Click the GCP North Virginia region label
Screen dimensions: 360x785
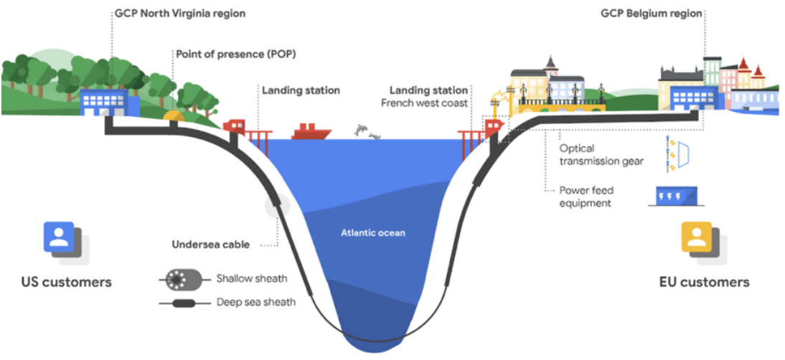point(179,14)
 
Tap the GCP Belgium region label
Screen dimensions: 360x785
point(651,14)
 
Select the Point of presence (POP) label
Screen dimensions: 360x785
point(236,55)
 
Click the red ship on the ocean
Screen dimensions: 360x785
point(311,132)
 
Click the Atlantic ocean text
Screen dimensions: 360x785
point(372,232)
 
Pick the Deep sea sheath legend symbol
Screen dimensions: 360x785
point(180,303)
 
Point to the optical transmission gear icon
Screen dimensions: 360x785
point(677,156)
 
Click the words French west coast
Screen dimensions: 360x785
point(425,103)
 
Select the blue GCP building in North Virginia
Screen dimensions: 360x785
point(105,102)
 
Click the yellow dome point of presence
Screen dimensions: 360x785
point(174,114)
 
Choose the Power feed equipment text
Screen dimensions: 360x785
point(587,196)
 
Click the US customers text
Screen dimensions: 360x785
point(67,282)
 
